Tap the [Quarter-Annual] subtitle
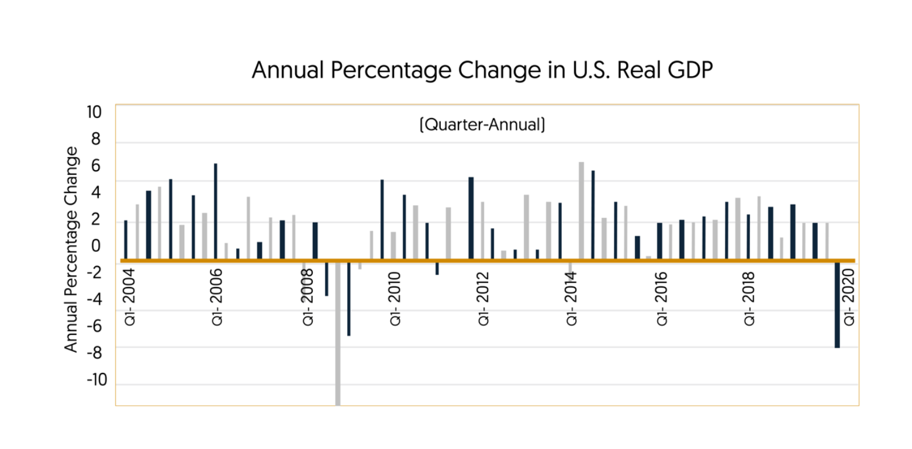[x=482, y=125]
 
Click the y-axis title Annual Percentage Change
[x=71, y=249]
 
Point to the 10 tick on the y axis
[x=94, y=112]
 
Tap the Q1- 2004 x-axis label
[x=130, y=296]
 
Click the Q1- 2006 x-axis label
[x=217, y=296]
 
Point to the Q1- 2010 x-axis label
[x=396, y=296]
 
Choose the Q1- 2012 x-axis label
[x=483, y=296]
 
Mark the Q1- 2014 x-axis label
[x=572, y=296]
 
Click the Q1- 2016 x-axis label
[x=662, y=296]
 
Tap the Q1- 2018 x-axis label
[x=749, y=296]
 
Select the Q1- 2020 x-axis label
[x=849, y=296]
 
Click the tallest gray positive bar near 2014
[x=581, y=210]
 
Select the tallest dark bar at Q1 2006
[x=216, y=210]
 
